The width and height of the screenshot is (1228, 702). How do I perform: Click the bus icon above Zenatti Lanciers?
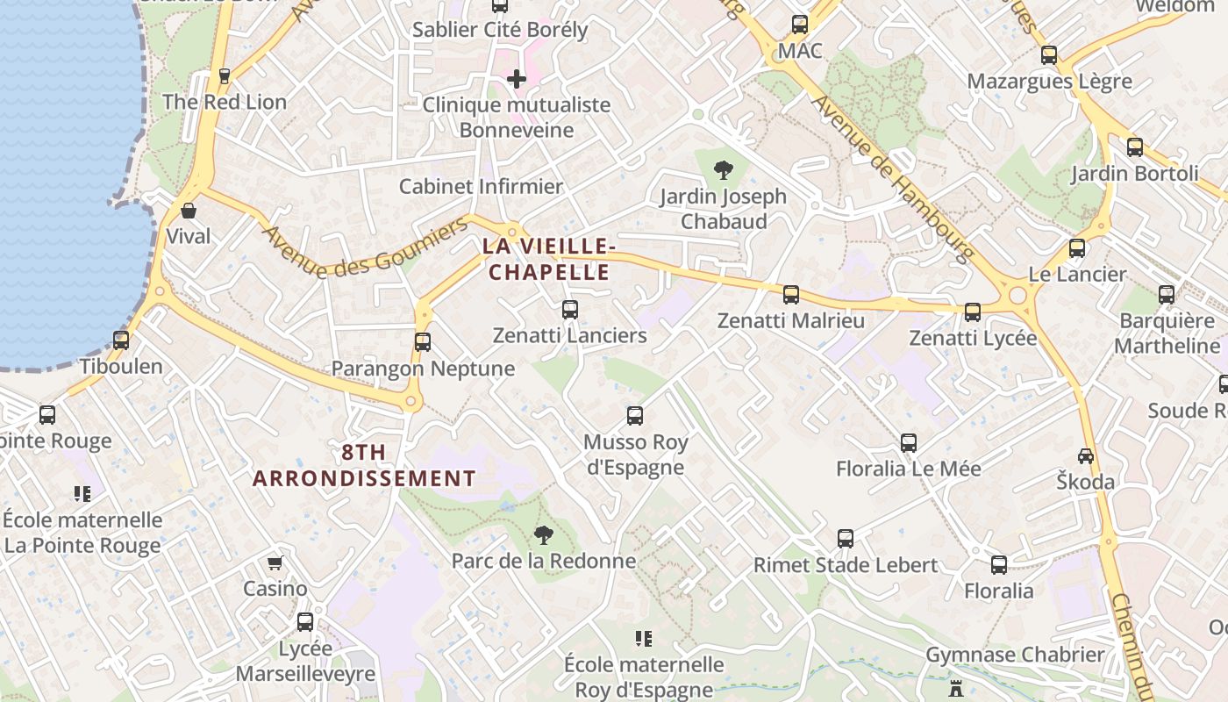(x=570, y=309)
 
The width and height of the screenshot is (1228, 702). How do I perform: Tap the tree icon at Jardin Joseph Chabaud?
(x=724, y=169)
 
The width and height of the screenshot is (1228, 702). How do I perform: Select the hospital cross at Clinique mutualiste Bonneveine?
(x=517, y=79)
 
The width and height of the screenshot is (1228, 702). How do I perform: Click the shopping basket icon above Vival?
(x=189, y=211)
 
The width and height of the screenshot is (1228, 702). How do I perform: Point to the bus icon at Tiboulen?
(x=121, y=340)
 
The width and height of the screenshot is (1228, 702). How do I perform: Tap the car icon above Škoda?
(x=1086, y=455)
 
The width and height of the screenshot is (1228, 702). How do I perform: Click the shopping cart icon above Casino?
(x=275, y=562)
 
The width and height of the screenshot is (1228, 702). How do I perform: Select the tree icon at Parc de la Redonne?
(x=544, y=534)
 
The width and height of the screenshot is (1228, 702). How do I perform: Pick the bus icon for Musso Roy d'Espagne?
(x=635, y=415)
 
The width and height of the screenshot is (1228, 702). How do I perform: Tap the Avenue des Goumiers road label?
(x=366, y=248)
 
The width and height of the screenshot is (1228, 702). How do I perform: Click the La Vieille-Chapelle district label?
(x=546, y=259)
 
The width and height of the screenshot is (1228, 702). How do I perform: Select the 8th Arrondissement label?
(x=364, y=465)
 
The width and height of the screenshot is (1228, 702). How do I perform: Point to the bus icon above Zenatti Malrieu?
(x=791, y=295)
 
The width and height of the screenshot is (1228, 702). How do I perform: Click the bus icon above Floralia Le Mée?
(x=909, y=442)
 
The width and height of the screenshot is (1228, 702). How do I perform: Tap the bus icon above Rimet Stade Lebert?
(x=846, y=538)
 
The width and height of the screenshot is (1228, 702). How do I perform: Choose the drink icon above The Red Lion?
(x=225, y=75)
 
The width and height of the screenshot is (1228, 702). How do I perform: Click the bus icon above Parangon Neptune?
(x=423, y=341)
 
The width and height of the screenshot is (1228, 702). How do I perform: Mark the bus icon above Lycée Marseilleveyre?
(x=305, y=621)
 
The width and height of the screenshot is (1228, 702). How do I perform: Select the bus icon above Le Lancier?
(x=1077, y=248)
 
